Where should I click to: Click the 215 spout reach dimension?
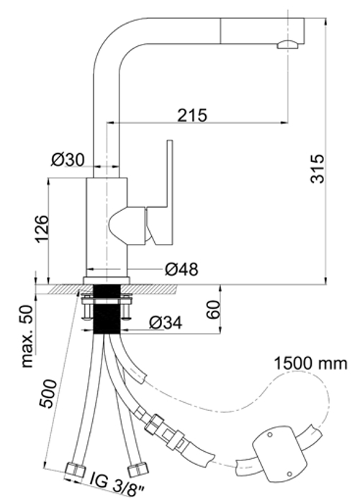[192, 115]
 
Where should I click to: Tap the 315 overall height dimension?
[317, 168]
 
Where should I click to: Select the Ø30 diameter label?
[68, 160]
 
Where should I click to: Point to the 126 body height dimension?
[42, 229]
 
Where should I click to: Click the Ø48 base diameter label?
[181, 270]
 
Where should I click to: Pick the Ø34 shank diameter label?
[166, 323]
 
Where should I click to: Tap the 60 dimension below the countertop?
[213, 309]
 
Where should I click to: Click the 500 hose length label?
[48, 394]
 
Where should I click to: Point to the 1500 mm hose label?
[310, 363]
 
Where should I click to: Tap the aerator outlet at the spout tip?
[288, 45]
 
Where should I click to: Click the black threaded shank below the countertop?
[107, 309]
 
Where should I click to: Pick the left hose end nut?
[75, 470]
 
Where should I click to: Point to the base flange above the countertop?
[107, 281]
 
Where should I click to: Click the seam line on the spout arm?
[220, 30]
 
